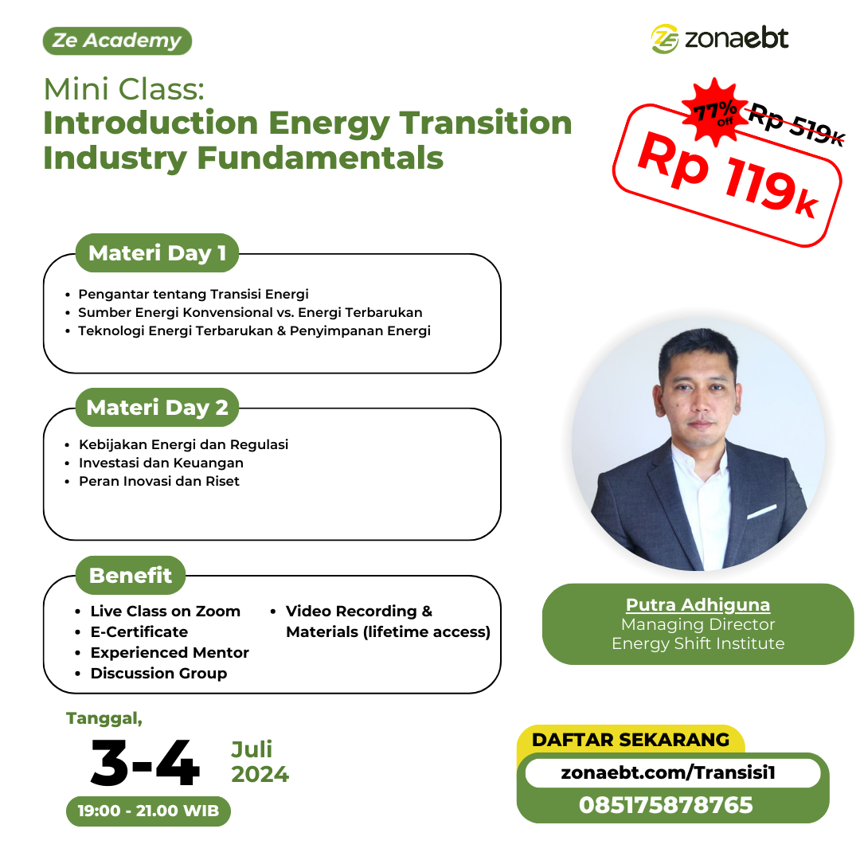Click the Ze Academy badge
pyautogui.click(x=117, y=41)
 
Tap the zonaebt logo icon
pyautogui.click(x=665, y=39)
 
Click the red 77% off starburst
pyautogui.click(x=714, y=112)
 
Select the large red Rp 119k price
pyautogui.click(x=728, y=175)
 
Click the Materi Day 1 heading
pyautogui.click(x=158, y=253)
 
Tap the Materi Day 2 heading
pyautogui.click(x=158, y=408)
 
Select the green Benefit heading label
pyautogui.click(x=131, y=576)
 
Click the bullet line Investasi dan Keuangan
pyautogui.click(x=161, y=463)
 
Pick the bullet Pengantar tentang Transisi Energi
pyautogui.click(x=193, y=294)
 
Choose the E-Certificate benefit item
pyautogui.click(x=139, y=631)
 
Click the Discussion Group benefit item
pyautogui.click(x=158, y=673)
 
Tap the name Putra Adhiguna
pyautogui.click(x=698, y=604)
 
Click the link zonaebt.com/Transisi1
pyautogui.click(x=668, y=772)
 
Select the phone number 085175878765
pyautogui.click(x=666, y=805)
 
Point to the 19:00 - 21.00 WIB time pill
pyautogui.click(x=148, y=811)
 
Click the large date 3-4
pyautogui.click(x=145, y=762)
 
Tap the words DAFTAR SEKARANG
pyautogui.click(x=631, y=740)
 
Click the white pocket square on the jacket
pyautogui.click(x=762, y=512)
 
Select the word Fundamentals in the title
pyautogui.click(x=320, y=158)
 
